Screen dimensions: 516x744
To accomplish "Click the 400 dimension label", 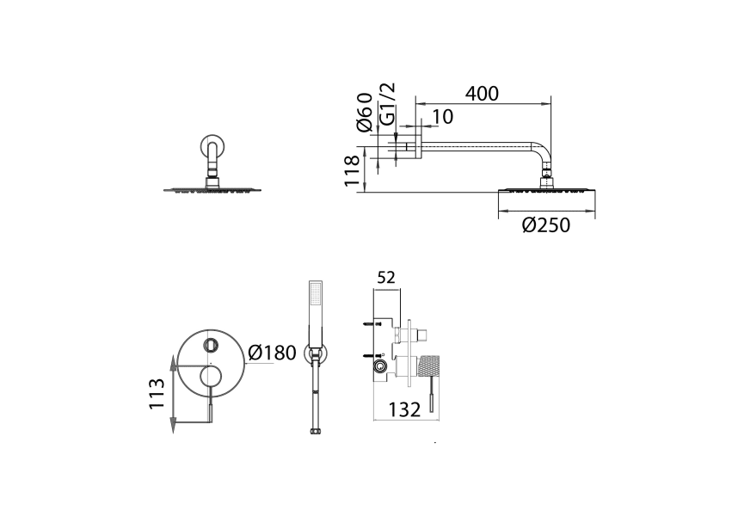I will click(482, 94).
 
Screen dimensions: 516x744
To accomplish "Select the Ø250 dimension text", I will click(546, 225).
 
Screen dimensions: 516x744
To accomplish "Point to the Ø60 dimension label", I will click(365, 112).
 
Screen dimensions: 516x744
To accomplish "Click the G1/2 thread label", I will click(388, 104).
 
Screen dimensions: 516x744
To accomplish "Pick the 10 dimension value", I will click(442, 117).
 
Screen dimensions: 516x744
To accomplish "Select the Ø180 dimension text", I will click(271, 353).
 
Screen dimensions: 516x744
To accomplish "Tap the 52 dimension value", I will click(386, 278).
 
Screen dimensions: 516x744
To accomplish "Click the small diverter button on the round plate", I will click(211, 346).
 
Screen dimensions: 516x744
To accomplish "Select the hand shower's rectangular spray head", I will click(315, 296).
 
